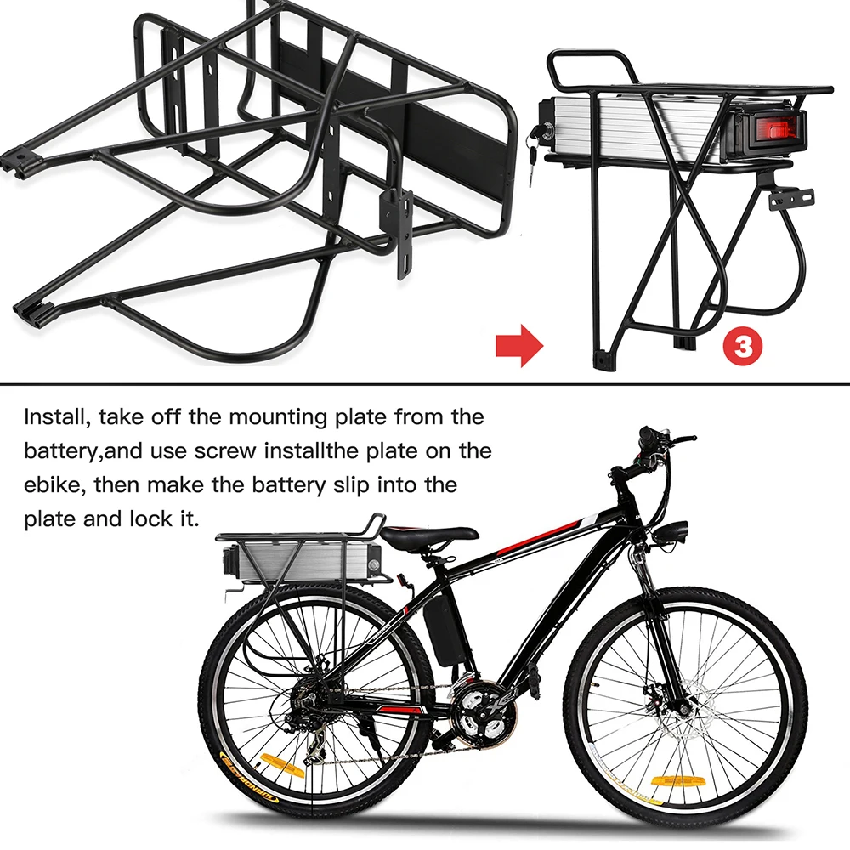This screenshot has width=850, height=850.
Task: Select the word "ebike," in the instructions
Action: coord(53,485)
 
